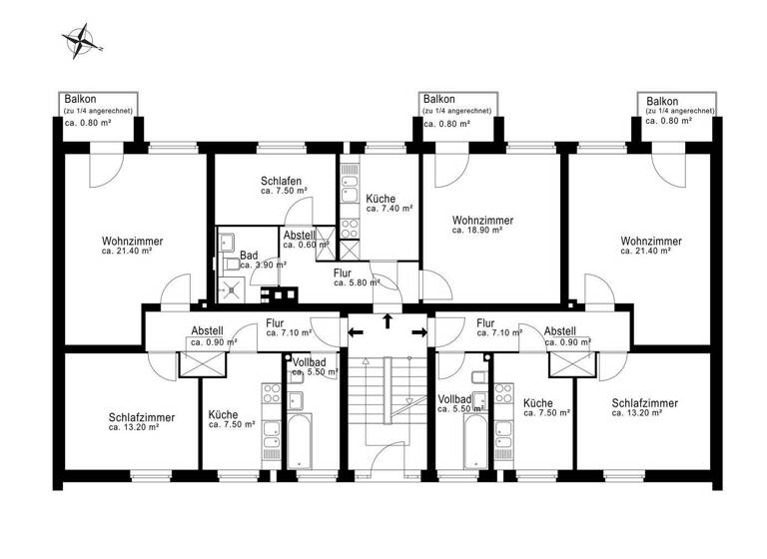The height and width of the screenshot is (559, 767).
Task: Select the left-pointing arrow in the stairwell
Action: coord(356,331)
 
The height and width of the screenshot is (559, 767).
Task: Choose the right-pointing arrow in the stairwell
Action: coord(417,331)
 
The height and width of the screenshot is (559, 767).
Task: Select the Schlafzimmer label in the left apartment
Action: coord(142,421)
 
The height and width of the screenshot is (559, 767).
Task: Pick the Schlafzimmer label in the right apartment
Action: coord(644,407)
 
